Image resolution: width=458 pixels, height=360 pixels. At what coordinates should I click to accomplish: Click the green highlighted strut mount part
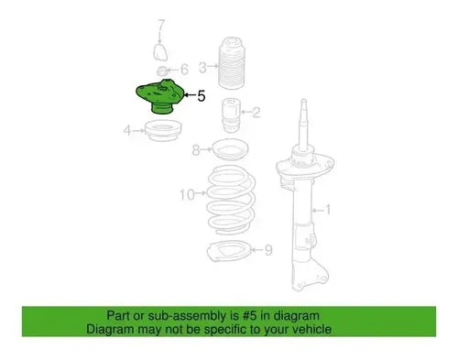point(159,96)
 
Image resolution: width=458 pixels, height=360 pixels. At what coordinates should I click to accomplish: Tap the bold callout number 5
point(202,96)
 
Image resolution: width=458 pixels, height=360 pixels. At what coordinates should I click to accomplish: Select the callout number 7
point(161,26)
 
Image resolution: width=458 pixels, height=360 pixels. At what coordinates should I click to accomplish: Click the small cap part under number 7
point(160,52)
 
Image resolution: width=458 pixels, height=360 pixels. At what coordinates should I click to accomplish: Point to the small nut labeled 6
point(161,71)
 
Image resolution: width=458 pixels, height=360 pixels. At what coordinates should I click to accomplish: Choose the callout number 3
point(202,68)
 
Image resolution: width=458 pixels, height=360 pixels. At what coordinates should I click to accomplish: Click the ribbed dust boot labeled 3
point(230,63)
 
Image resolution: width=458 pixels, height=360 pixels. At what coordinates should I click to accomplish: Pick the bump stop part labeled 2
point(231,115)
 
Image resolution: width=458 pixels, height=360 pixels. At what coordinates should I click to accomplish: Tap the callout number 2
point(256,112)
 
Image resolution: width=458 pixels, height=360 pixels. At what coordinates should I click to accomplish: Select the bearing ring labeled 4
point(163,131)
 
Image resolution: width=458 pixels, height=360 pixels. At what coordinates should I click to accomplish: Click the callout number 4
point(127,130)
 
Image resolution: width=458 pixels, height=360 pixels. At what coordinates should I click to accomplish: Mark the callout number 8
point(196,150)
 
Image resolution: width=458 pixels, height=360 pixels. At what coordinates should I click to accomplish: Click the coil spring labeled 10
point(231,200)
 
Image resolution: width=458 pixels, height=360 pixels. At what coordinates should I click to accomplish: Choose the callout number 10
point(187,194)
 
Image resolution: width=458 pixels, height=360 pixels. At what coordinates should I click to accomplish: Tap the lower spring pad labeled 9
point(228,250)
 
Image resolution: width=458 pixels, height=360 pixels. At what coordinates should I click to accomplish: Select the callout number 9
point(268,250)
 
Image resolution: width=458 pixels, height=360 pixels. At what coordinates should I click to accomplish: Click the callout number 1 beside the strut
point(328,210)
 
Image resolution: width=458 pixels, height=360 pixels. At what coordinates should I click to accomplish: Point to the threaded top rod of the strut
point(303,122)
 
